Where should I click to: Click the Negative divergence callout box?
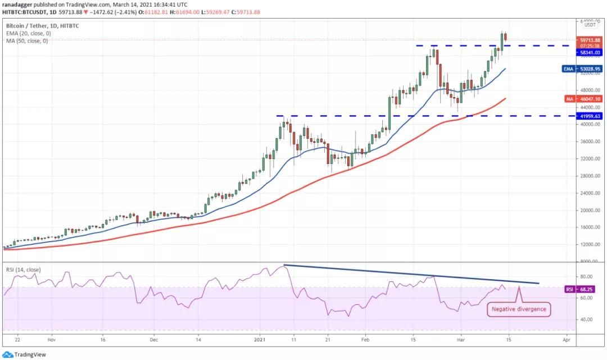coord(518,309)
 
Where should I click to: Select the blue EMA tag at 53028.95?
coord(590,69)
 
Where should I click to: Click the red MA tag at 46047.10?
coord(590,99)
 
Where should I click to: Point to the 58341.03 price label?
coord(590,52)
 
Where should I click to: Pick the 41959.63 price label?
coord(590,116)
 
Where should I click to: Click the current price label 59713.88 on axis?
coord(590,40)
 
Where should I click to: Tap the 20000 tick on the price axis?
coord(588,211)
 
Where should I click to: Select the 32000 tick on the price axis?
coord(588,159)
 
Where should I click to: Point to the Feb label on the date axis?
coord(365,340)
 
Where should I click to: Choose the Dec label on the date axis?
coord(155,340)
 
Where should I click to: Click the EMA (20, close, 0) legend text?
coord(28,33)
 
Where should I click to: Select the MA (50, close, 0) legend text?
coord(27,40)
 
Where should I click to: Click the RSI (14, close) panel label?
coord(23,270)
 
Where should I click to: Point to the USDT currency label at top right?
coord(590,25)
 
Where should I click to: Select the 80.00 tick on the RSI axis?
coord(587,277)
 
